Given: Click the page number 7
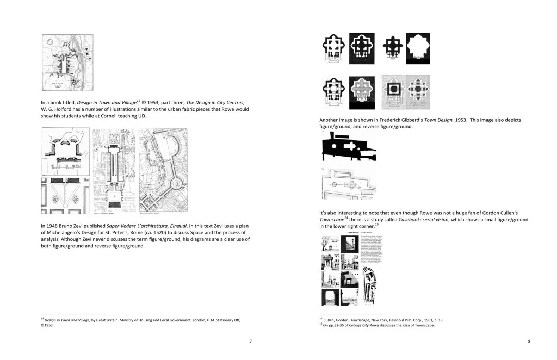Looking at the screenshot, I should point(250,341).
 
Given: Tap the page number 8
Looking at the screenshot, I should point(529,341).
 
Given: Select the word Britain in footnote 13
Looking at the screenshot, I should point(117,320).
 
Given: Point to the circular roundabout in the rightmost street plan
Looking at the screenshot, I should point(178,185).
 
